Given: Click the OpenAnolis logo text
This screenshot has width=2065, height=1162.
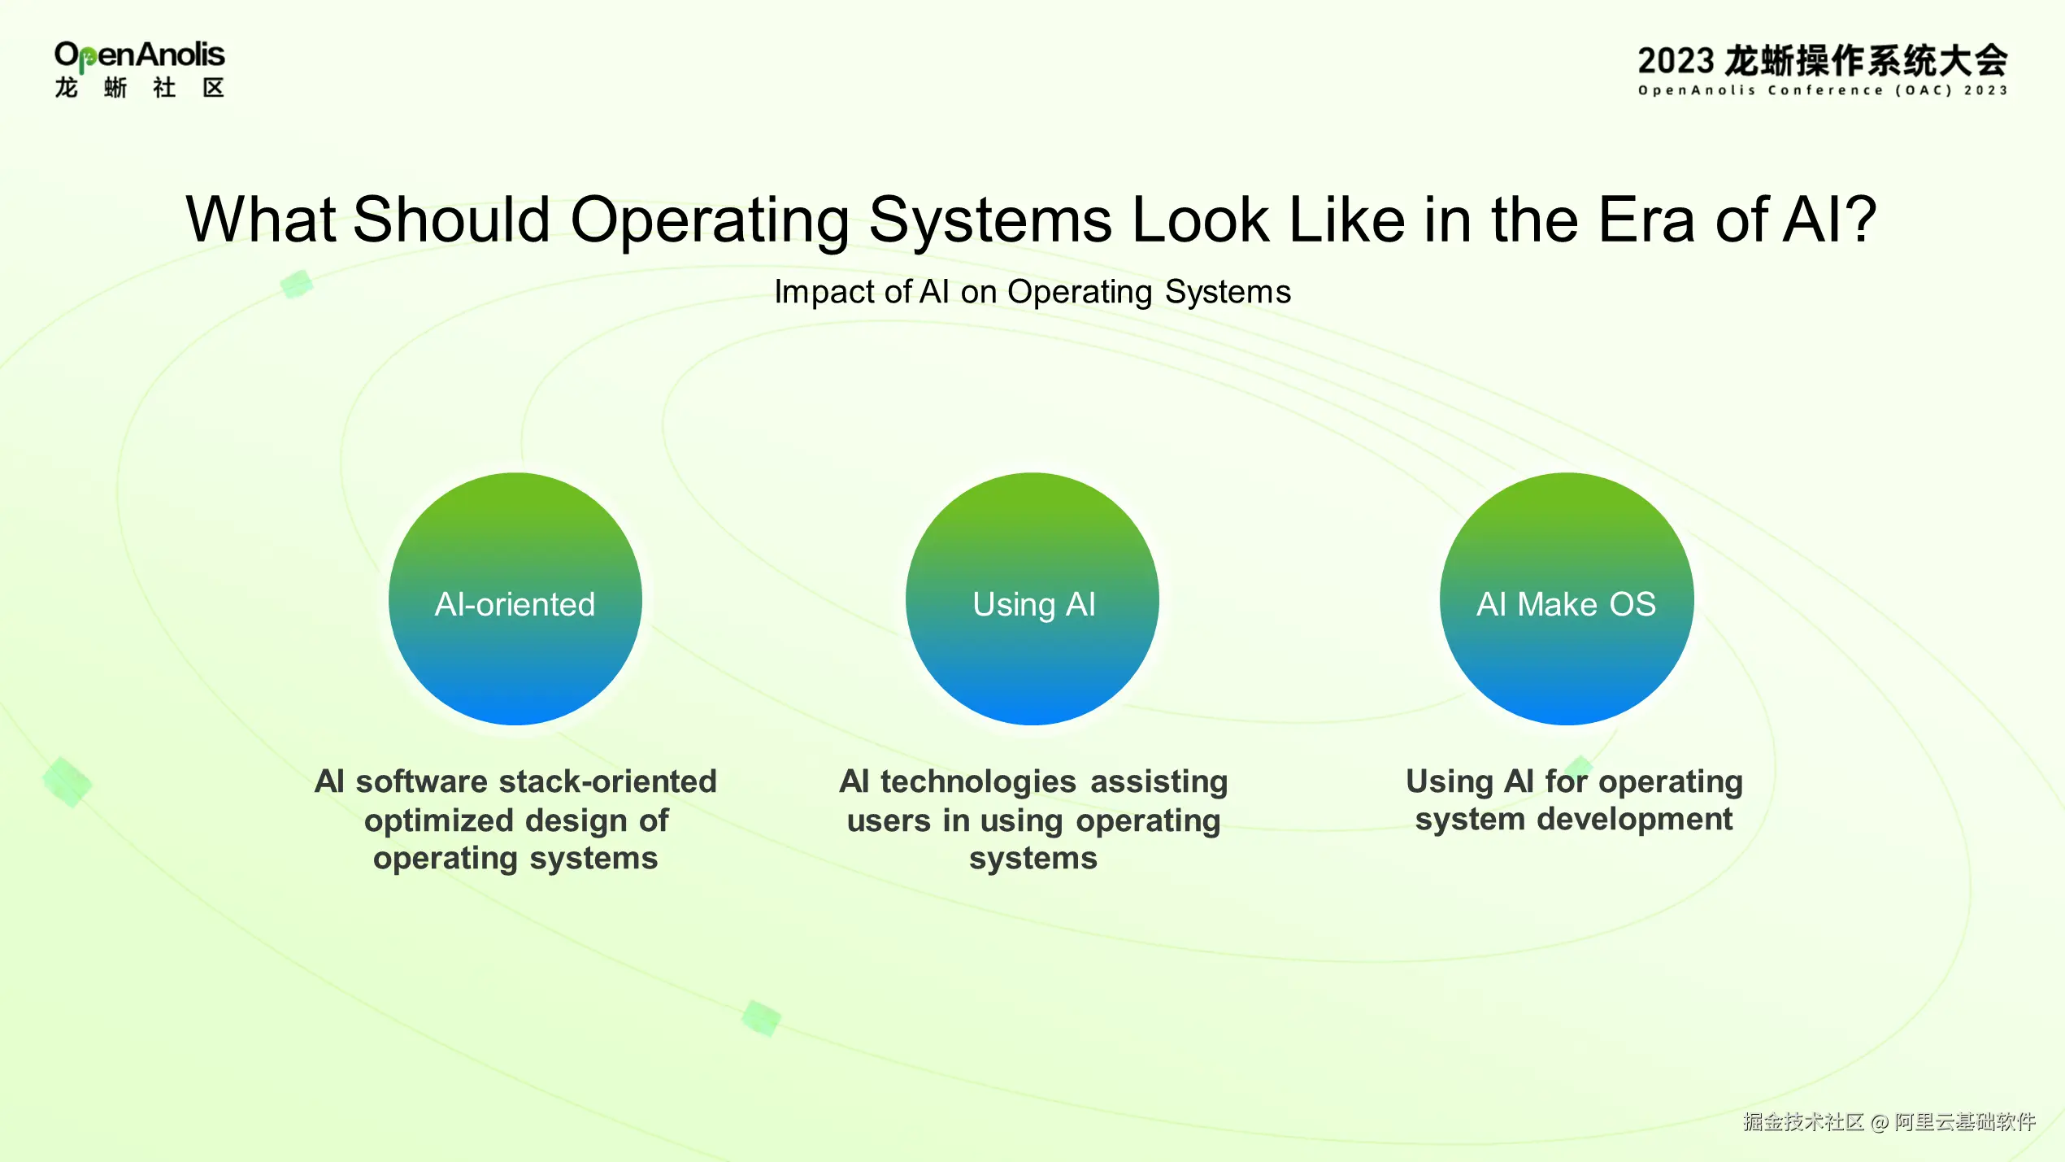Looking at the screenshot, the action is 139,55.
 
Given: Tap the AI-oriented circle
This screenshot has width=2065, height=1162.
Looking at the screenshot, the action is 515,598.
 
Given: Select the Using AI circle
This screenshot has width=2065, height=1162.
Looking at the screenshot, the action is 1032,598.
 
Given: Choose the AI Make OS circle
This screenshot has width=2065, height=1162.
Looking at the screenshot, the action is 1567,598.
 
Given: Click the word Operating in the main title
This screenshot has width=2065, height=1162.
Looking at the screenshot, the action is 710,221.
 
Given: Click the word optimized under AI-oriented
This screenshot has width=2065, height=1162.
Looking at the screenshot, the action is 432,821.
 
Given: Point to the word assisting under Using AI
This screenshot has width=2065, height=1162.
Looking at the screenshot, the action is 1159,782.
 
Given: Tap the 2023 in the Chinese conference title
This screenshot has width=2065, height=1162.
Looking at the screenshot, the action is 1676,61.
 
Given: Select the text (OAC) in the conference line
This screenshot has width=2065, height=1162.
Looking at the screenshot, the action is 1924,90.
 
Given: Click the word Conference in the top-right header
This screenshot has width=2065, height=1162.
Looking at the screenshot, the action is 1825,90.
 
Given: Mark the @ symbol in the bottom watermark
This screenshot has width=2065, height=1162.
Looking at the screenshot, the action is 1879,1123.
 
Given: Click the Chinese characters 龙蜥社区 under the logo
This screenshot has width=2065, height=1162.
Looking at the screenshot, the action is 139,88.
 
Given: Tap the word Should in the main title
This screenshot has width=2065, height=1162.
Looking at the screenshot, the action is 452,220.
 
